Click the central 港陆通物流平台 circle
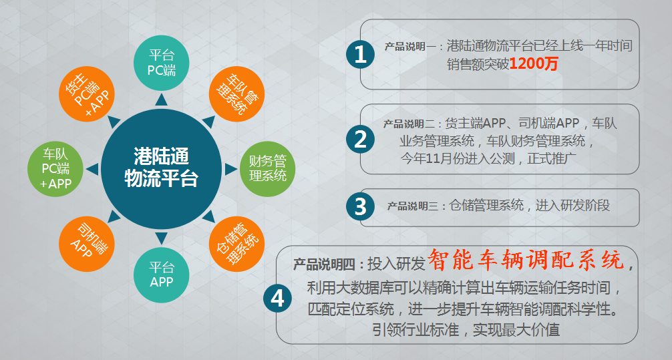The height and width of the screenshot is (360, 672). tap(161, 169)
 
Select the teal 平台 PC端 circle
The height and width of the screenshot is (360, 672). tap(162, 63)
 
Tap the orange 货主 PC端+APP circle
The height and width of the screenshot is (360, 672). tap(87, 94)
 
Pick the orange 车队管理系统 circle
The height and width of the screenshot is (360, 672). tap(236, 94)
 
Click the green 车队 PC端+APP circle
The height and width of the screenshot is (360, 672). tap(55, 169)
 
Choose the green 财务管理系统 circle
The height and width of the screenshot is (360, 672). tap(267, 169)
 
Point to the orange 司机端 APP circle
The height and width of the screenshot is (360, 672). tap(87, 244)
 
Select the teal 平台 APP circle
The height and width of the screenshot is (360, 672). tap(162, 275)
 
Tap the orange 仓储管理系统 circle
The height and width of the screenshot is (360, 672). tap(236, 244)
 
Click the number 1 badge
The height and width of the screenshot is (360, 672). tap(361, 54)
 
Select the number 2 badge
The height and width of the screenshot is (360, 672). tap(361, 140)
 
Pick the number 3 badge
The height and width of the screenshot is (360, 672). tap(361, 206)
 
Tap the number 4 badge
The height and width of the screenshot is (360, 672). tap(278, 299)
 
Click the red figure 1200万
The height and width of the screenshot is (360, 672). tap(534, 64)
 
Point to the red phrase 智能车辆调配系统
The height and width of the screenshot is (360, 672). tap(526, 260)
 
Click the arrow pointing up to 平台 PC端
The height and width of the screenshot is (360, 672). tap(161, 100)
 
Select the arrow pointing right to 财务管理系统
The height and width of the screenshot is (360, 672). tap(230, 169)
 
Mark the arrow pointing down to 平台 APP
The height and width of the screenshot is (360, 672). tap(161, 238)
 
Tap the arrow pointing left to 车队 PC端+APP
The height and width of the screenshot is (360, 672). tap(92, 169)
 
